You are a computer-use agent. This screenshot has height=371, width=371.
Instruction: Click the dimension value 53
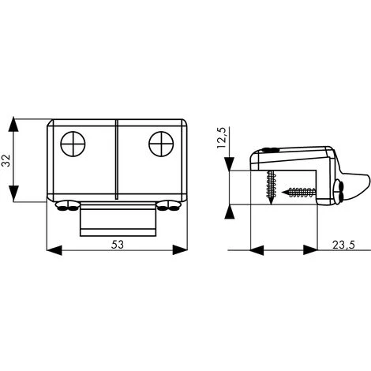117,244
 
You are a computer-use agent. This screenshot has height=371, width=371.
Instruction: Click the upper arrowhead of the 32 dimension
13,125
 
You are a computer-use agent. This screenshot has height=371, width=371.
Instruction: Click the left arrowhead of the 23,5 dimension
257,251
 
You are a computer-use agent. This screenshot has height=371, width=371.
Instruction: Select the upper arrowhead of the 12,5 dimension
229,164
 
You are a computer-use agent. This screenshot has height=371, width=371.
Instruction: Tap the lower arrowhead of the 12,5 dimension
229,211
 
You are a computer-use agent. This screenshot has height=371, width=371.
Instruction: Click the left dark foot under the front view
66,206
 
